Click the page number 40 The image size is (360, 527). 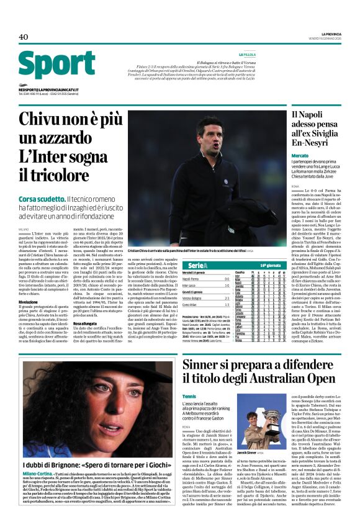pos(23,37)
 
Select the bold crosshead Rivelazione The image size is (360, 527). pos(30,285)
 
